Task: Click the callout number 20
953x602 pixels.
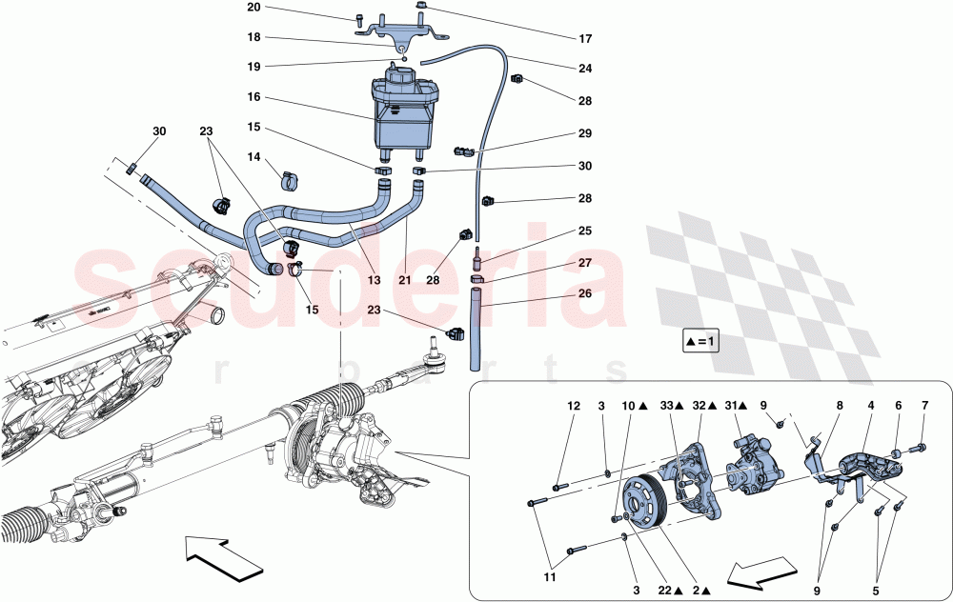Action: [x=253, y=8]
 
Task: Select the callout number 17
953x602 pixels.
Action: [x=585, y=39]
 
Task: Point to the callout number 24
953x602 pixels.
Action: [x=585, y=69]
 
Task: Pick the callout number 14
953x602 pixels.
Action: [x=253, y=157]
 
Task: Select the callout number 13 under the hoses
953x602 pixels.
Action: [x=375, y=281]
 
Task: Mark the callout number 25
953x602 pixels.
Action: [x=585, y=231]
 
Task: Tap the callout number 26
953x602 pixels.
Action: [x=585, y=293]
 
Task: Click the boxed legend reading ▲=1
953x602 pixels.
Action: [x=700, y=340]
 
